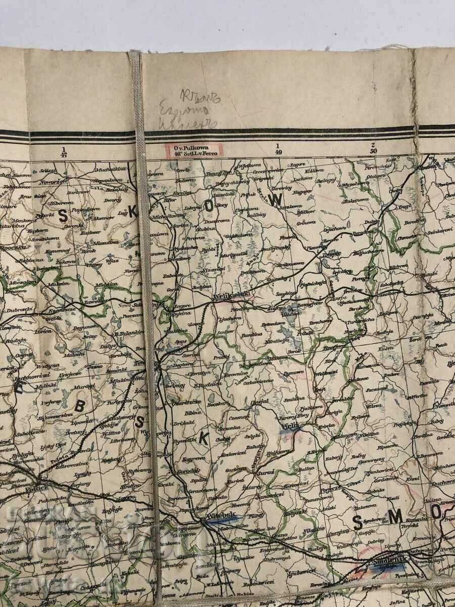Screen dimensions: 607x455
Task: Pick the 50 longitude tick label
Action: click(x=373, y=151)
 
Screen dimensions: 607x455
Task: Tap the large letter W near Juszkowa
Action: click(x=276, y=200)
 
